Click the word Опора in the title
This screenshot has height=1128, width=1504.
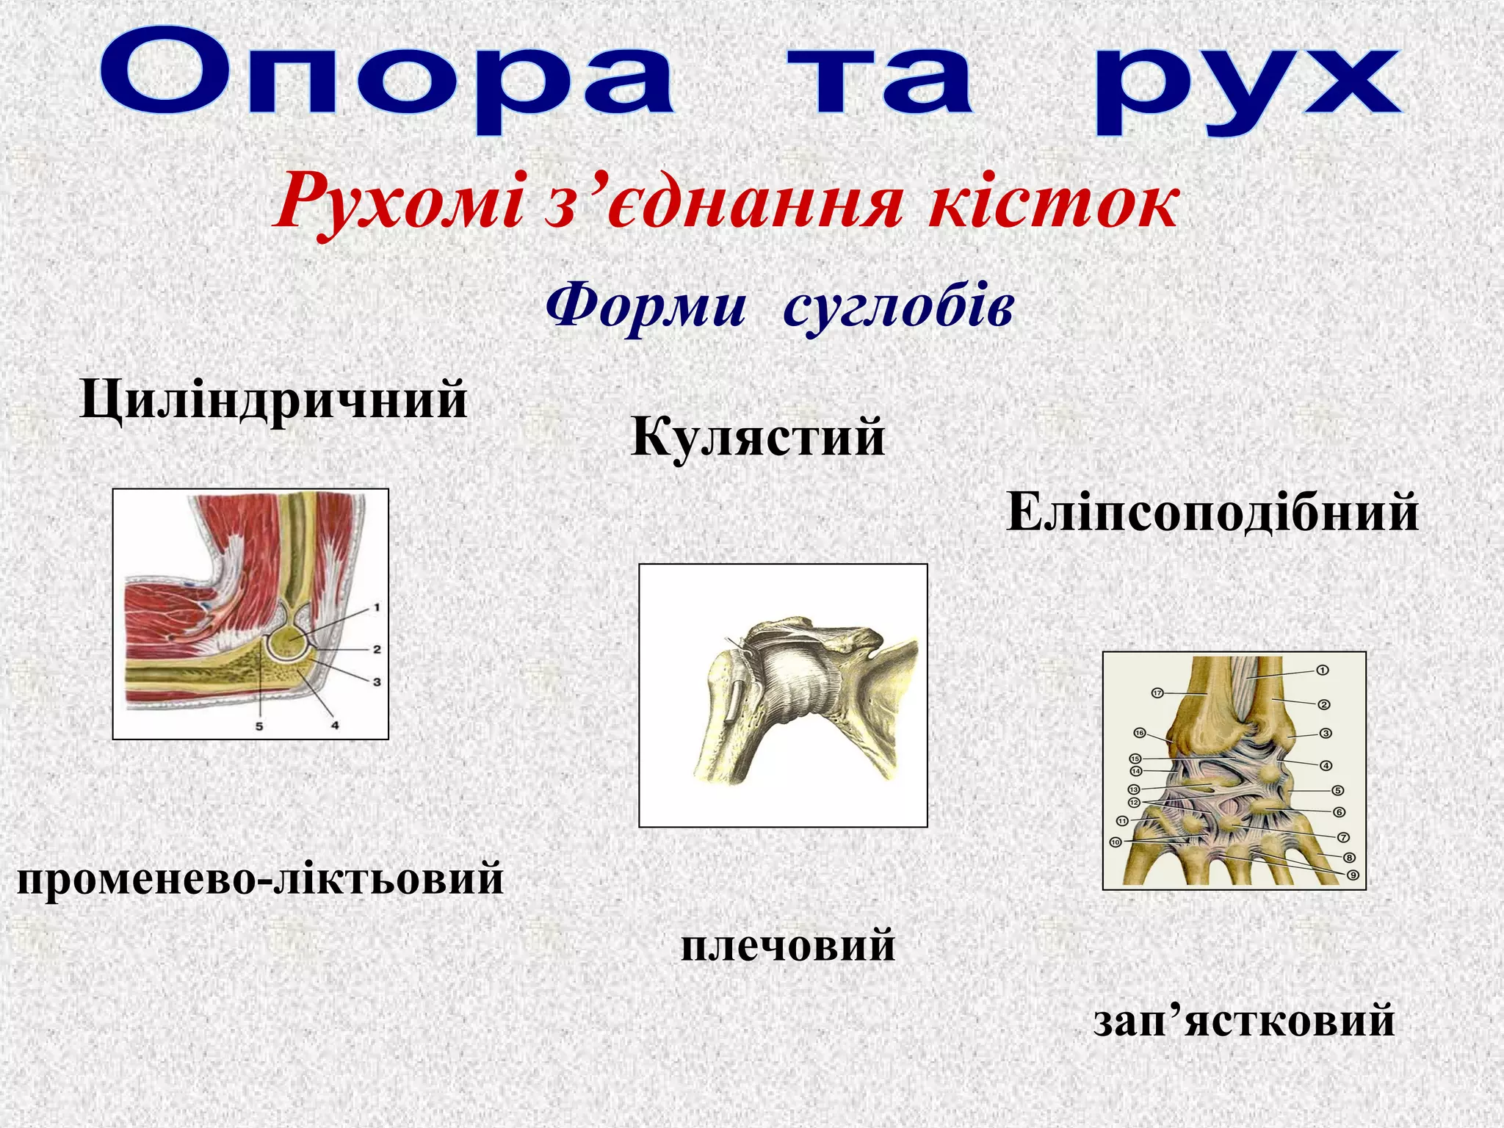(x=386, y=79)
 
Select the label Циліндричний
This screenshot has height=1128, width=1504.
(x=273, y=401)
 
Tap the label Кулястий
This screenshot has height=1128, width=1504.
(x=758, y=438)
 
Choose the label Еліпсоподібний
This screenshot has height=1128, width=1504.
(x=1212, y=513)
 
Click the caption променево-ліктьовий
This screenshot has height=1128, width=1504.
(x=260, y=878)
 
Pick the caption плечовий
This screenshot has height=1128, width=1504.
(x=788, y=945)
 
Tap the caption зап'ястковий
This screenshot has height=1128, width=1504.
(x=1243, y=1021)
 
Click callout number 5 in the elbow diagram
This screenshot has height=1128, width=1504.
(x=259, y=726)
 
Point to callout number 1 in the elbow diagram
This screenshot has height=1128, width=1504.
(x=376, y=607)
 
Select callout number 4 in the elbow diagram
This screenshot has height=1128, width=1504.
(x=335, y=726)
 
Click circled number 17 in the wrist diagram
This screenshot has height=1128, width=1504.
(x=1157, y=693)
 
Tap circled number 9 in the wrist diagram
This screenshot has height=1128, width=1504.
(x=1353, y=875)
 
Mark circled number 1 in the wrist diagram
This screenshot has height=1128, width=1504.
(x=1322, y=670)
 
